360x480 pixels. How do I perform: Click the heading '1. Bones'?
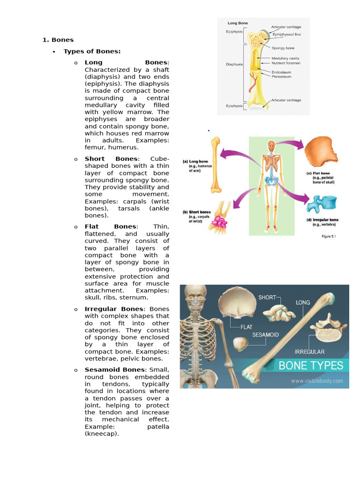coord(58,40)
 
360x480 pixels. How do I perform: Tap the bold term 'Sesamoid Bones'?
coord(114,370)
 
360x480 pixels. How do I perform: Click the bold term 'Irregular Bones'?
coord(114,309)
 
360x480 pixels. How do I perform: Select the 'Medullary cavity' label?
coord(285,58)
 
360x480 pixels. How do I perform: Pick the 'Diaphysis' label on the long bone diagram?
coord(234,64)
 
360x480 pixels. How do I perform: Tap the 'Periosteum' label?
coord(282,76)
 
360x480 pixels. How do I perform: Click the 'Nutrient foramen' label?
coord(286,63)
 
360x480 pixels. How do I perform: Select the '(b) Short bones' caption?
coord(196,212)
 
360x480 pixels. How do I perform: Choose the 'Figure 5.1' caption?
coord(329,236)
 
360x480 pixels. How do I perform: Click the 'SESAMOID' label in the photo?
coord(266,335)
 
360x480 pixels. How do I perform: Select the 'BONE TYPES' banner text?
coord(311,366)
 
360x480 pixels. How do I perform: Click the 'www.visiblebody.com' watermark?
coord(317,381)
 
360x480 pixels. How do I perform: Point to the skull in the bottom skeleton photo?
coord(195,297)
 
